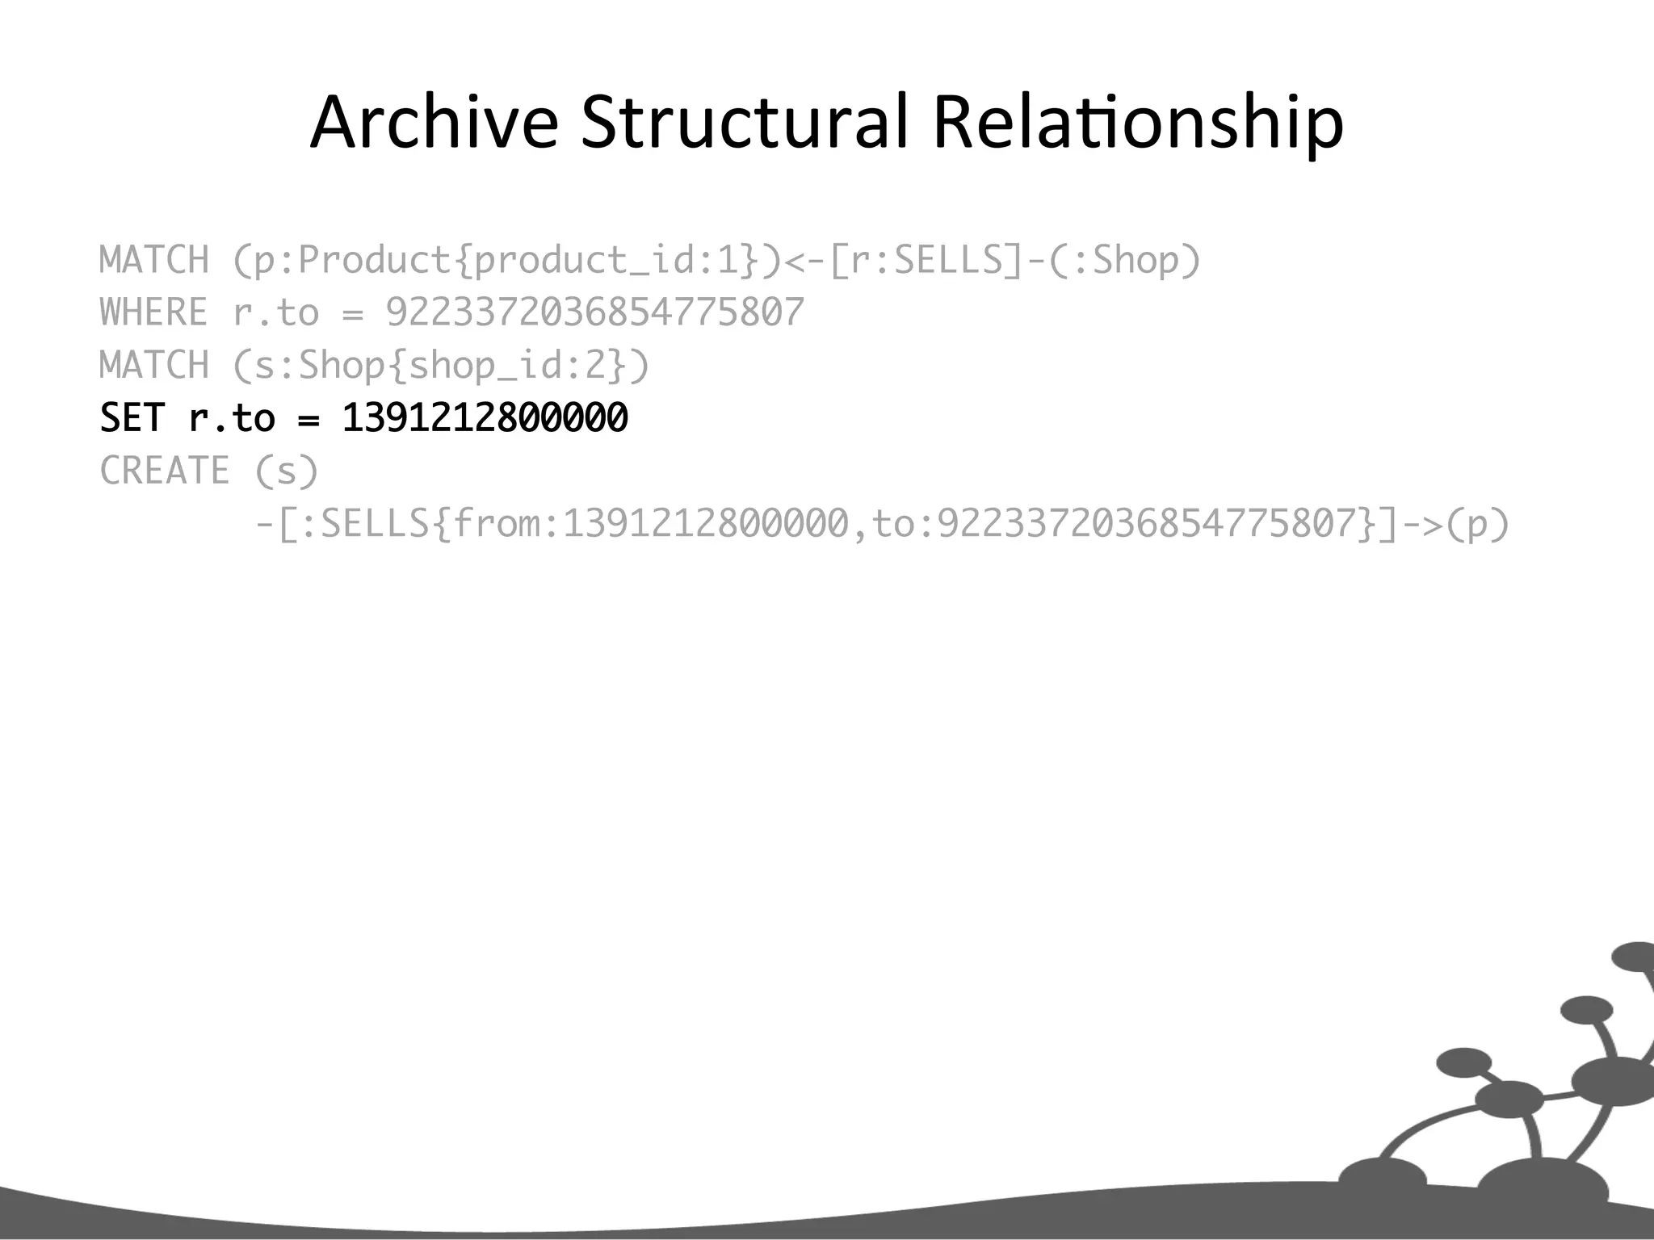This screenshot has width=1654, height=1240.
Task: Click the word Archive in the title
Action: pos(434,123)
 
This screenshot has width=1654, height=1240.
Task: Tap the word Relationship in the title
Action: pos(1138,123)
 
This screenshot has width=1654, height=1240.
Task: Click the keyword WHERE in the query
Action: pos(153,312)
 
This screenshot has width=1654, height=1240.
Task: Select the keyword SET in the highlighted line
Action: pos(132,418)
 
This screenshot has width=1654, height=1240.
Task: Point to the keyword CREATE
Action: pos(165,471)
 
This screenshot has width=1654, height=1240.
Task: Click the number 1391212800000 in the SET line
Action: pos(485,418)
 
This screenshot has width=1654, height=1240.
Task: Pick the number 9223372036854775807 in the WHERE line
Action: pos(595,312)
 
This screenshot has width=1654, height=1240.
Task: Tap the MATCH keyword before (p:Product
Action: pos(153,260)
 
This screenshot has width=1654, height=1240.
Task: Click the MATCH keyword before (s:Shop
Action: pos(153,365)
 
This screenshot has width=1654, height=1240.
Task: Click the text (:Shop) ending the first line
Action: pos(1125,260)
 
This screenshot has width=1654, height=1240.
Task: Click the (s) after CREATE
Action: pos(287,471)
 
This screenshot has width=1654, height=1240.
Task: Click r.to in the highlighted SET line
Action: pos(232,418)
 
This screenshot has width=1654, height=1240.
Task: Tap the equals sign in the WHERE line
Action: pos(353,312)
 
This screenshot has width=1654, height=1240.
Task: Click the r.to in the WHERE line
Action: pos(275,312)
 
